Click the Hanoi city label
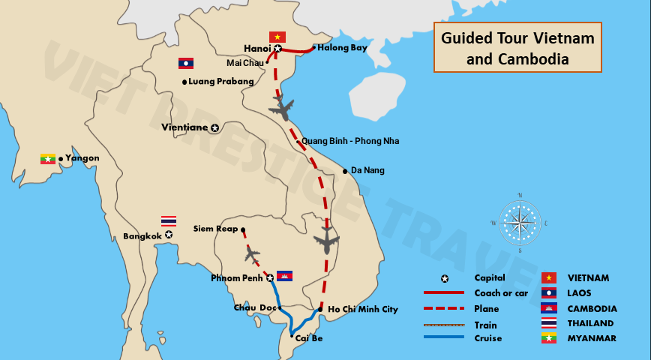[x=257, y=49]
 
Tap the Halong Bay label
[x=342, y=48]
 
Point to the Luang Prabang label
[x=221, y=81]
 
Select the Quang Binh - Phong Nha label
[x=350, y=141]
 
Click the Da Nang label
[x=367, y=170]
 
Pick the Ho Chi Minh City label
[x=363, y=309]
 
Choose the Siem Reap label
[x=215, y=228]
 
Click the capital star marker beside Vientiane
[x=214, y=127]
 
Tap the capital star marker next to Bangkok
[x=169, y=235]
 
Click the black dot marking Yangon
[x=61, y=158]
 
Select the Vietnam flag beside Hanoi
[x=277, y=37]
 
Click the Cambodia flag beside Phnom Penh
[x=284, y=275]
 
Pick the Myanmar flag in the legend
[x=549, y=339]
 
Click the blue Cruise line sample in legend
[x=443, y=338]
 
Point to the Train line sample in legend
[x=443, y=325]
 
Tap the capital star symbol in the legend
[x=444, y=278]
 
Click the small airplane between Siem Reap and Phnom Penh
[x=251, y=255]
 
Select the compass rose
[x=519, y=223]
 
